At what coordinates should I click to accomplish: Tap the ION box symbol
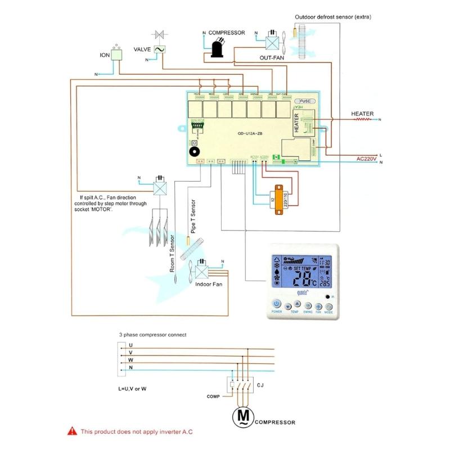[x=117, y=55]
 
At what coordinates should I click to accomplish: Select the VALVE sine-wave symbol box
[x=159, y=49]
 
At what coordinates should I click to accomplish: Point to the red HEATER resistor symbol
[x=364, y=119]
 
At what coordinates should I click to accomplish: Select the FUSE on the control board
[x=305, y=101]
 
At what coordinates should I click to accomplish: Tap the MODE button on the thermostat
[x=328, y=307]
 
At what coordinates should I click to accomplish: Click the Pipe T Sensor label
[x=192, y=217]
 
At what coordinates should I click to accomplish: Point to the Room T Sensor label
[x=173, y=253]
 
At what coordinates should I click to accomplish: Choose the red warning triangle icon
[x=71, y=431]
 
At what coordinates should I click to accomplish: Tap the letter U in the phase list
[x=130, y=345]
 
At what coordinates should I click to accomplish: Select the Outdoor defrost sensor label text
[x=333, y=17]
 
